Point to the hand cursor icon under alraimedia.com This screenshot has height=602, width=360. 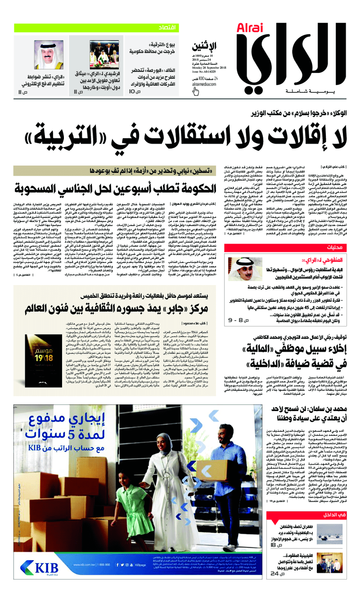[x=195, y=91]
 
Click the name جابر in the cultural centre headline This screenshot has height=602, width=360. [x=170, y=309]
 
